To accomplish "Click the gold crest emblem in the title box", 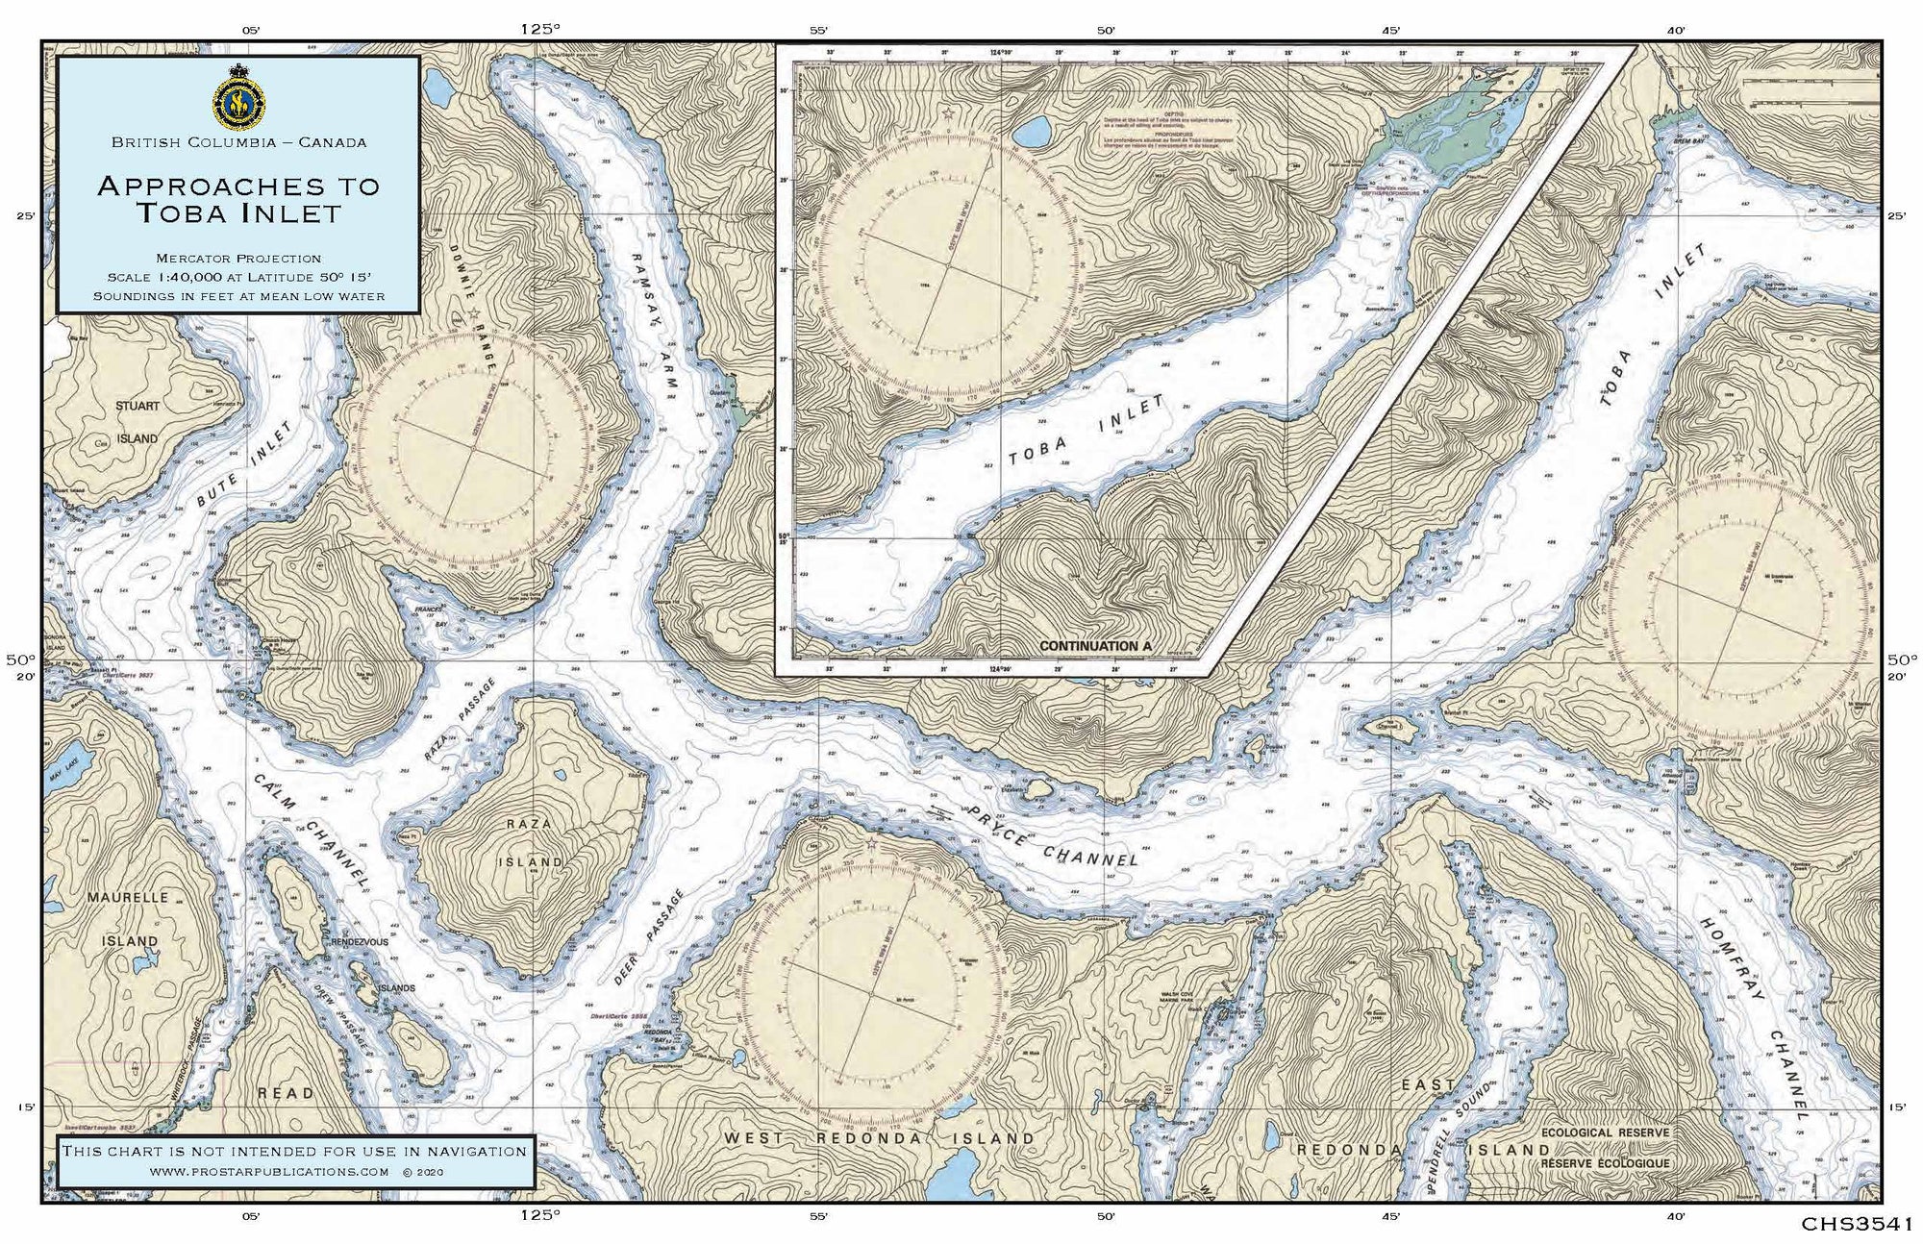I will pos(238,97).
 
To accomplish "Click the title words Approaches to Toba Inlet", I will pos(238,198).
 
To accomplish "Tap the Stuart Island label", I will pos(137,422).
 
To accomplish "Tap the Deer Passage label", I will pos(649,937).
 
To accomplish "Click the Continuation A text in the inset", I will pos(1095,647).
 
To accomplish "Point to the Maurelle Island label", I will pos(128,918).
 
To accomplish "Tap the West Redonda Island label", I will pos(879,1138).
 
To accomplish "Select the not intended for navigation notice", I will pos(294,1151).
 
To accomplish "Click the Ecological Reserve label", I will pos(1605,1132).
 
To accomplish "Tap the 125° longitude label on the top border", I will pos(538,29).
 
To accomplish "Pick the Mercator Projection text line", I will pos(238,258).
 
